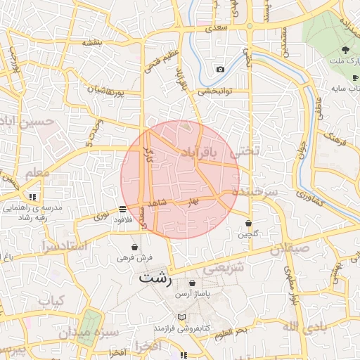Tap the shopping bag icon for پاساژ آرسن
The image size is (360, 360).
click(x=192, y=283)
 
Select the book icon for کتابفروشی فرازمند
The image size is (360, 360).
click(x=182, y=317)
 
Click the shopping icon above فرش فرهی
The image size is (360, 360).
click(x=134, y=247)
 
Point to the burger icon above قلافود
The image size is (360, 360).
click(x=123, y=209)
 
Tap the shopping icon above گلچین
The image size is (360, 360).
click(x=249, y=224)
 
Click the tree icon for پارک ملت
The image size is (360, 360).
click(x=345, y=49)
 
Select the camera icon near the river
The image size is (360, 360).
click(x=220, y=69)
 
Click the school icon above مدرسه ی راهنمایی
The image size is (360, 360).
click(x=32, y=197)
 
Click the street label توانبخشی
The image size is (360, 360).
click(x=214, y=91)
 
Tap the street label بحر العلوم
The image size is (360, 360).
click(x=231, y=330)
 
